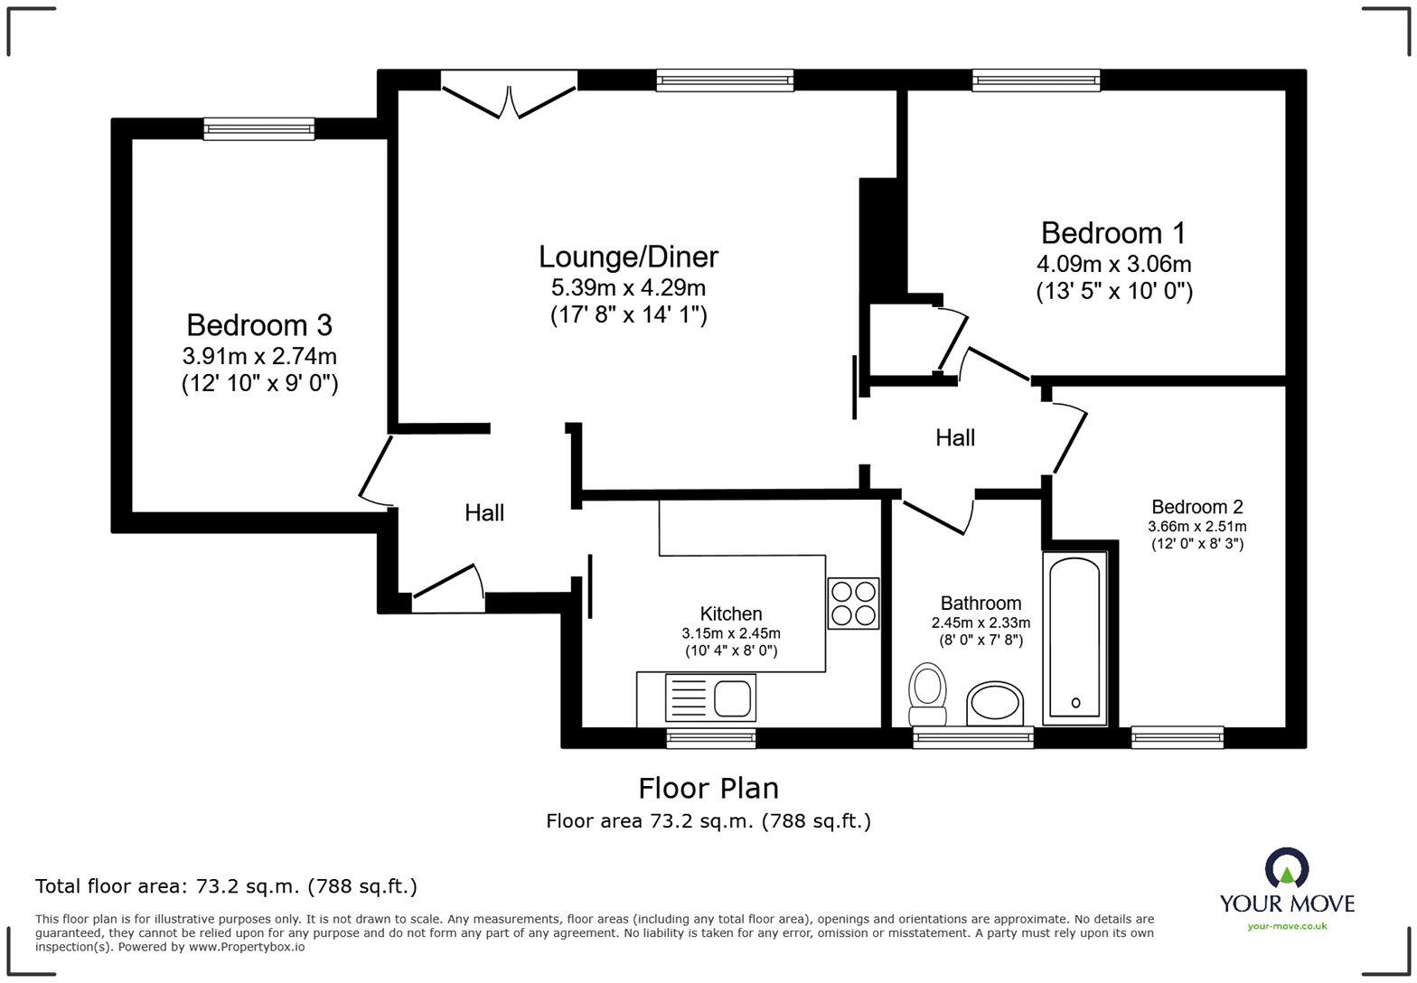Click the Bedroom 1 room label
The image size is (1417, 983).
(1113, 233)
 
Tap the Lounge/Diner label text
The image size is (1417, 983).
(628, 257)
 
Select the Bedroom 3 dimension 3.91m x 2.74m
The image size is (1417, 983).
(259, 356)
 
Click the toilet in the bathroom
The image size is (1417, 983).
(927, 694)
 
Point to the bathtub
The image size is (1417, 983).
(1074, 639)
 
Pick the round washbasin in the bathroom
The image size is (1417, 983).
(994, 704)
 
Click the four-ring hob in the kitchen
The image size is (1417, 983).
(853, 604)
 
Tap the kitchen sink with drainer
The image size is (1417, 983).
(710, 697)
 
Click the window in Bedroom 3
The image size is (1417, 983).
(258, 129)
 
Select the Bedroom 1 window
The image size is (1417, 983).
(1037, 80)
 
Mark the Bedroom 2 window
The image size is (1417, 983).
(1178, 737)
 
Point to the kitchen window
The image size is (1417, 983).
(711, 737)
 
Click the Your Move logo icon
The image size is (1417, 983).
(1287, 868)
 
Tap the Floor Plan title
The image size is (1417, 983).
(708, 788)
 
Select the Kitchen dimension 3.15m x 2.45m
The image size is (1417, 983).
(730, 633)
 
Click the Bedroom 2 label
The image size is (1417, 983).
(1196, 507)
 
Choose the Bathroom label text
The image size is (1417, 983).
(981, 604)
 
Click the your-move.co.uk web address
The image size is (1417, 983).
(1287, 927)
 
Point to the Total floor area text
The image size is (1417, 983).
(227, 886)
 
